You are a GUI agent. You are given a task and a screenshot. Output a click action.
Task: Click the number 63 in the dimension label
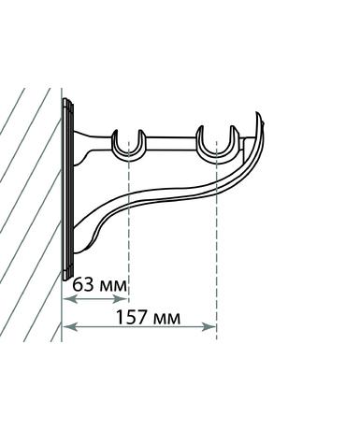83,284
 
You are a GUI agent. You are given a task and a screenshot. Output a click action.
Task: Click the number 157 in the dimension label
131,317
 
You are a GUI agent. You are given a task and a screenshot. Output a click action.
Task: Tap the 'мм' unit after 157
166,319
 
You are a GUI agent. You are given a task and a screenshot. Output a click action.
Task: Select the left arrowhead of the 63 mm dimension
69,299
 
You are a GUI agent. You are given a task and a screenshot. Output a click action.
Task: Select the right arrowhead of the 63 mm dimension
121,299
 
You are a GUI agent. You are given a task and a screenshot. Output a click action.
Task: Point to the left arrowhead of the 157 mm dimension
69,327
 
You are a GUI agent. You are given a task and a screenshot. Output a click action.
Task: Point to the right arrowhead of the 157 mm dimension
209,327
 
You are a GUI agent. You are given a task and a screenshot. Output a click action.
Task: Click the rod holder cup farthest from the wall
216,158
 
